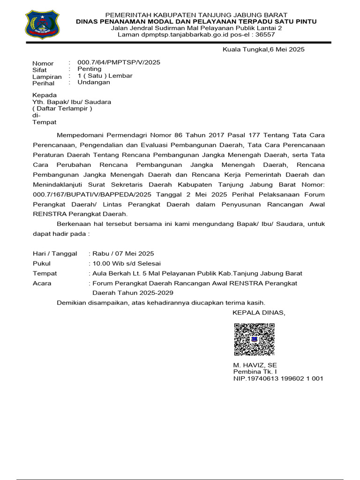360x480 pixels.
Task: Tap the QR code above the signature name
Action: tap(254, 339)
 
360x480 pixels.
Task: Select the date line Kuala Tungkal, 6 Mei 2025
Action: tap(263, 49)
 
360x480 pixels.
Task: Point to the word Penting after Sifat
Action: tap(89, 69)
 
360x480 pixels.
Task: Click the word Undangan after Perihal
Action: tap(94, 82)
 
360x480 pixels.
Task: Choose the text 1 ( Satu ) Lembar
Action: tap(105, 75)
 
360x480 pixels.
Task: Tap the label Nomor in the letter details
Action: tap(43, 63)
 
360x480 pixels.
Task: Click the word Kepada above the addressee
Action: tap(44, 95)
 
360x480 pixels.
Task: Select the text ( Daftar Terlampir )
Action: tap(62, 109)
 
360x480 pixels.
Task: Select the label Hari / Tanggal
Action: tap(55, 254)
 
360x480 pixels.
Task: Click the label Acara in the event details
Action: tap(42, 283)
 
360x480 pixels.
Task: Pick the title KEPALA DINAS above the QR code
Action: tap(258, 313)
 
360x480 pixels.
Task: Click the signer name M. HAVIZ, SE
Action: tap(255, 365)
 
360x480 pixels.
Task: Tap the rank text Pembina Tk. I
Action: tap(252, 371)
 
